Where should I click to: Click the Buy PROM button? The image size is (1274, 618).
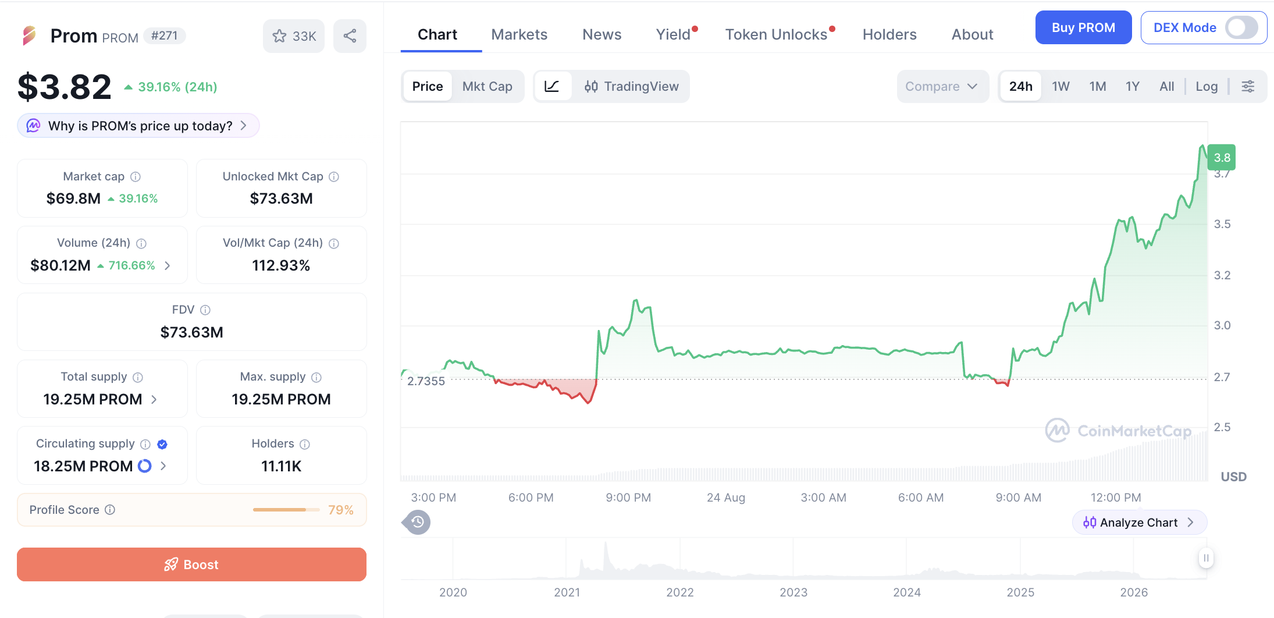pyautogui.click(x=1083, y=27)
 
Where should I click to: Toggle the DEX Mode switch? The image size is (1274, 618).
pyautogui.click(x=1241, y=27)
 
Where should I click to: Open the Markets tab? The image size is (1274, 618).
pyautogui.click(x=519, y=34)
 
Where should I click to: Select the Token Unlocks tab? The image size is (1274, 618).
pyautogui.click(x=776, y=34)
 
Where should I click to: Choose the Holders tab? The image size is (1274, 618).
pyautogui.click(x=889, y=34)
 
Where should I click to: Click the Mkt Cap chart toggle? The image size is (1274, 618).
pyautogui.click(x=487, y=86)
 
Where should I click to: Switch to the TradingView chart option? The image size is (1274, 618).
pyautogui.click(x=631, y=86)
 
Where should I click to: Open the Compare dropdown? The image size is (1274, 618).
pyautogui.click(x=942, y=86)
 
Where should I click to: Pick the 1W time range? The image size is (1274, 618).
pyautogui.click(x=1061, y=86)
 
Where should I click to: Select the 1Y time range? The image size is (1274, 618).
pyautogui.click(x=1132, y=86)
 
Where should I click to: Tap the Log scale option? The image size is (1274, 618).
pyautogui.click(x=1207, y=86)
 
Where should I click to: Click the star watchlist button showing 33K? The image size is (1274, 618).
pyautogui.click(x=294, y=36)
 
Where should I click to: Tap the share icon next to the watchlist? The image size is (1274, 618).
pyautogui.click(x=350, y=36)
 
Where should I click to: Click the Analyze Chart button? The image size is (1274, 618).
pyautogui.click(x=1139, y=522)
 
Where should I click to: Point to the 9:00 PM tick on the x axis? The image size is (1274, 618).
pyautogui.click(x=628, y=498)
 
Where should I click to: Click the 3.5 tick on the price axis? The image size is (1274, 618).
pyautogui.click(x=1222, y=224)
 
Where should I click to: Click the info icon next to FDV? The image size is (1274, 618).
pyautogui.click(x=205, y=310)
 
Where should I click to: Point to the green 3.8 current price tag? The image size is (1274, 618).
pyautogui.click(x=1222, y=157)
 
